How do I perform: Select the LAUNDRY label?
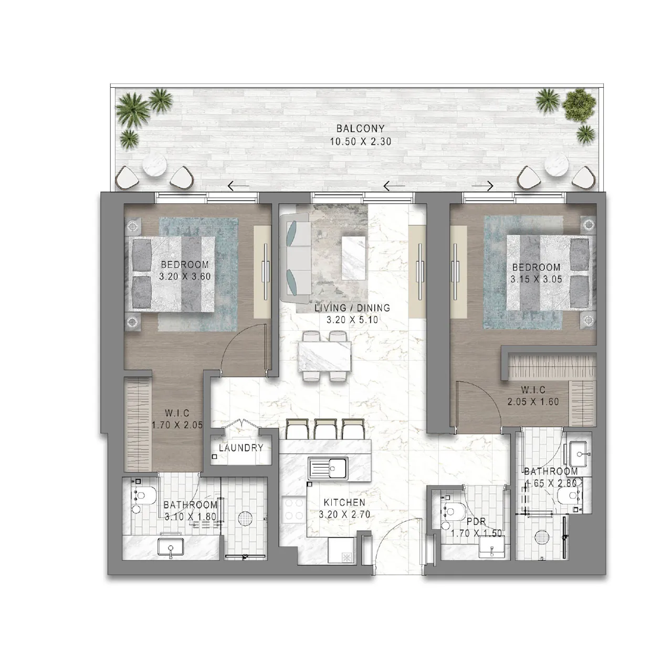[241, 448]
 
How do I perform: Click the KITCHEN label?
[344, 503]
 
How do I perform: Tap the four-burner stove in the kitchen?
[293, 508]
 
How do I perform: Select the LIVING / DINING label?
[352, 308]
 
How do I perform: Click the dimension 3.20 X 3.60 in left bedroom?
[185, 276]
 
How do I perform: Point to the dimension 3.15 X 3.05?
[536, 279]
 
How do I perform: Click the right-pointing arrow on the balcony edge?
[483, 186]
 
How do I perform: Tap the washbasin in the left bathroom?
[171, 548]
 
